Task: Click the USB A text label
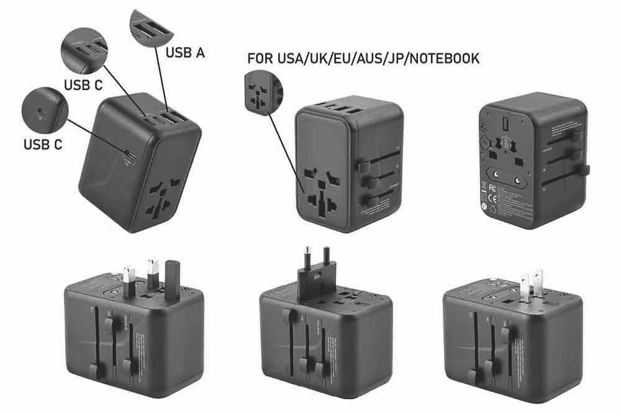[x=185, y=53]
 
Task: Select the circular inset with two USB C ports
[x=84, y=48]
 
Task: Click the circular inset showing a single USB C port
[x=43, y=112]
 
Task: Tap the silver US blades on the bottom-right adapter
[x=532, y=284]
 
